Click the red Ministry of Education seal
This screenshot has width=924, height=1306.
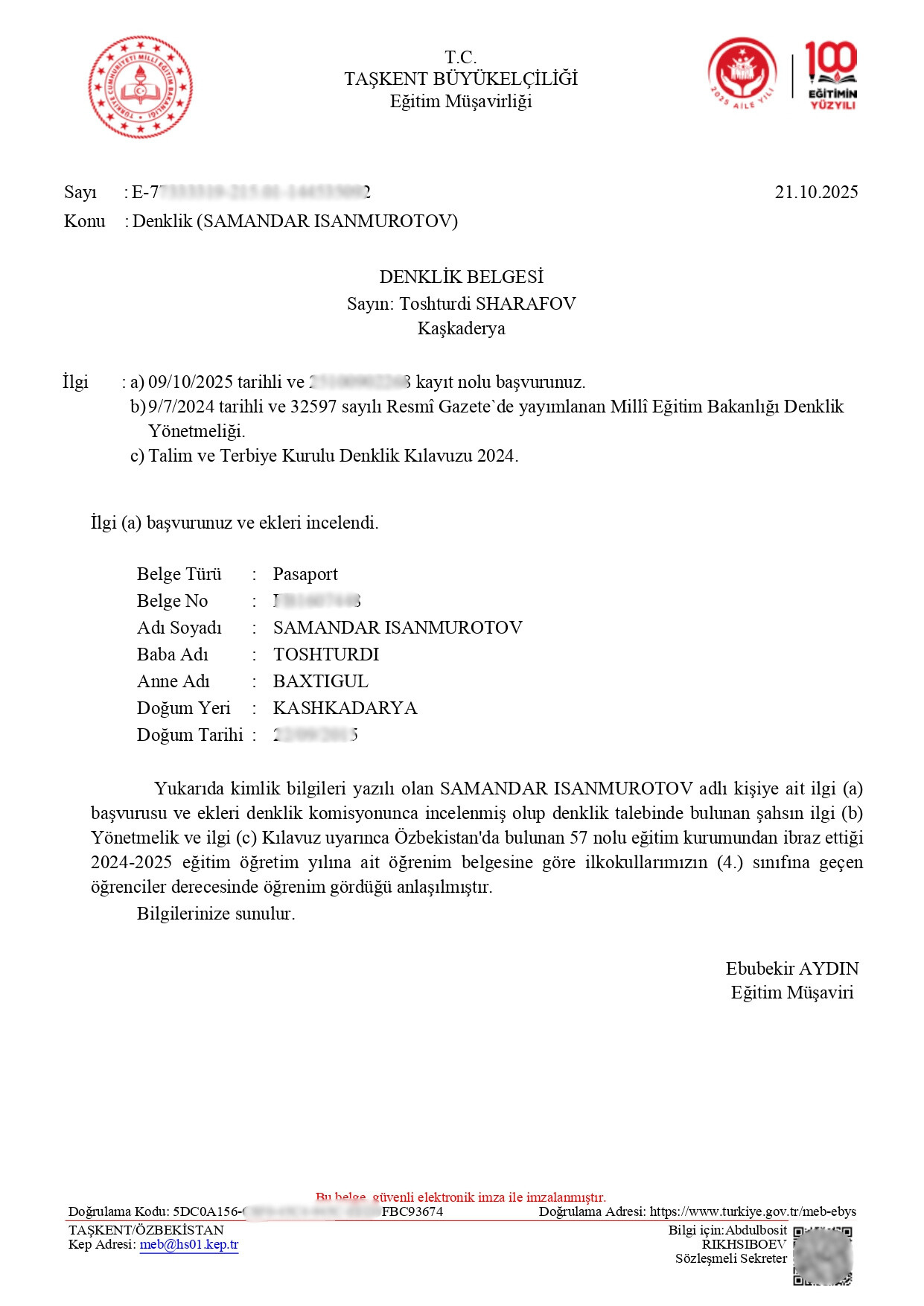[140, 87]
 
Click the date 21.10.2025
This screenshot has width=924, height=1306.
[816, 192]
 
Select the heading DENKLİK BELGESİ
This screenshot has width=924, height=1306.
[461, 277]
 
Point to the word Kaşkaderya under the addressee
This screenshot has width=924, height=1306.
[461, 328]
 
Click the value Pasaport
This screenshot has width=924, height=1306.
[305, 574]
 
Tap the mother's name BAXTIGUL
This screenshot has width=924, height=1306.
[320, 681]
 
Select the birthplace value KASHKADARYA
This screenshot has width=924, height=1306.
[345, 708]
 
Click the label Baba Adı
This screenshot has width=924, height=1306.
[172, 654]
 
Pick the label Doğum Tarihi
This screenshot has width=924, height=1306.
[189, 735]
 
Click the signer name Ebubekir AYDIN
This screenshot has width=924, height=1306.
[791, 969]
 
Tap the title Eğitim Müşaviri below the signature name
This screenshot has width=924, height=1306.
[791, 993]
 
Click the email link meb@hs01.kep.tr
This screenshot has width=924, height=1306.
[189, 1244]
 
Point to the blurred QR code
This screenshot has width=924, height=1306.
[822, 1256]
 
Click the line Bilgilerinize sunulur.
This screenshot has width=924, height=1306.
[216, 914]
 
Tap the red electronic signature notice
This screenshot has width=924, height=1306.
[461, 1197]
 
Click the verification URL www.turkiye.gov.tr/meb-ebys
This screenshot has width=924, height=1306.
[753, 1211]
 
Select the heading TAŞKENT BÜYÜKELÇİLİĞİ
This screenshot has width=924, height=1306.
[461, 79]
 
